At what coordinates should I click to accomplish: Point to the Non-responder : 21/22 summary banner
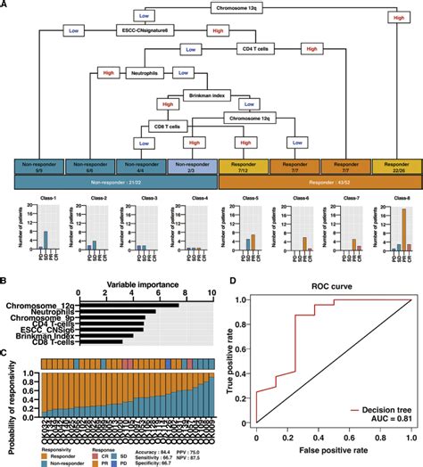(x=106, y=181)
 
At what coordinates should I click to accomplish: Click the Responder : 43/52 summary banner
(x=314, y=181)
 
